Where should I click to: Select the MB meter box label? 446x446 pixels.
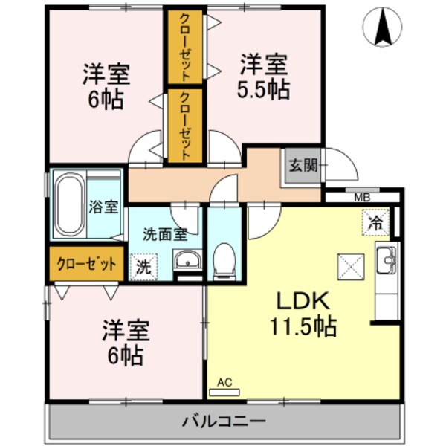pyautogui.click(x=361, y=197)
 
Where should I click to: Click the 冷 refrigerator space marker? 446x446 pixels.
pyautogui.click(x=376, y=221)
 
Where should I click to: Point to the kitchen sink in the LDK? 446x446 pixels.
pyautogui.click(x=387, y=260)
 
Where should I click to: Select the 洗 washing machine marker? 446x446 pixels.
pyautogui.click(x=143, y=266)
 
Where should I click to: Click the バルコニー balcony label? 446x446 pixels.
pyautogui.click(x=224, y=422)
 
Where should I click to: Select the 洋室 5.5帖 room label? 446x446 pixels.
pyautogui.click(x=263, y=77)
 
